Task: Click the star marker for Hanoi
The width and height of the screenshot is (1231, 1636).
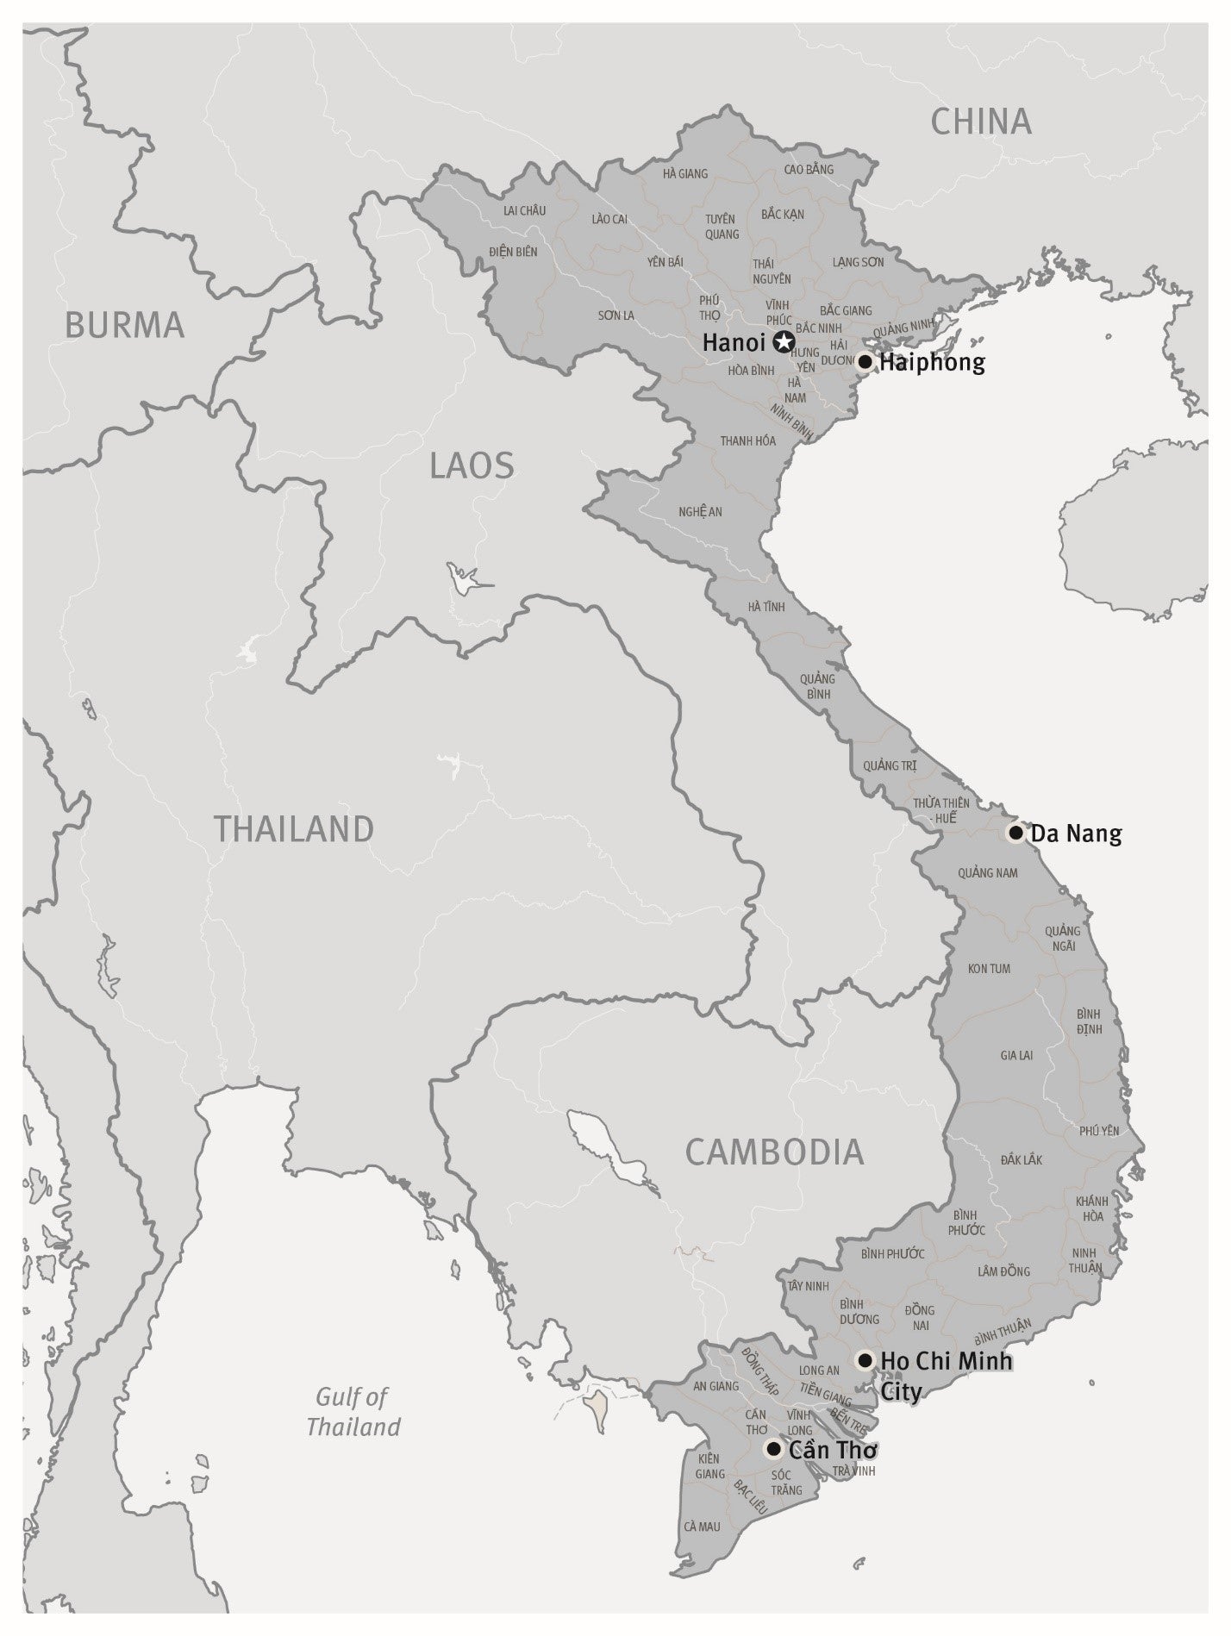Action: coord(783,342)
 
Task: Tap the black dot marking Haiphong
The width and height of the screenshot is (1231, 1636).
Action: coord(865,362)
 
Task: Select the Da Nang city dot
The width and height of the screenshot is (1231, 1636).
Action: coord(1015,833)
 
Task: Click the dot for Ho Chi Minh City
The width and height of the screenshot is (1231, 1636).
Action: coord(865,1360)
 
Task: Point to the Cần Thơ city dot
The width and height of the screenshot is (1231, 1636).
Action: coord(773,1449)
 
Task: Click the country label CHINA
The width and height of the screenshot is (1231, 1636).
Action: coord(981,122)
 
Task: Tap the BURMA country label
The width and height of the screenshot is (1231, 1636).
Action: coord(125,325)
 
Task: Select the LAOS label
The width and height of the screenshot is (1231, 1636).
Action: coord(472,466)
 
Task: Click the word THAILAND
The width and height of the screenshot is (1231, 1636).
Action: coord(294,828)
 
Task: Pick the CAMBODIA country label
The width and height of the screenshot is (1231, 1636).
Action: coord(774,1152)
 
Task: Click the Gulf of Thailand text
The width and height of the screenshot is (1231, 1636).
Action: coord(353,1411)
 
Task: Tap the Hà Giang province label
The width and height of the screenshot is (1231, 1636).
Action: coord(685,173)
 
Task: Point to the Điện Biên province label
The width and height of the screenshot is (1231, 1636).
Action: coord(513,252)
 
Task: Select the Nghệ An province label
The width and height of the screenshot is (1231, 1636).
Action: coord(700,511)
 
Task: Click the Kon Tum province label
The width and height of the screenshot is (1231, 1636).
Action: coord(989,968)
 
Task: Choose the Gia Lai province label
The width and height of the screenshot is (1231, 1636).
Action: coord(1016,1055)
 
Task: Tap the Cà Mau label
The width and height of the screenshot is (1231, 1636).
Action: coord(702,1527)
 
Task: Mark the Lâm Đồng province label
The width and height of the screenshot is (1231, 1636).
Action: coord(1003,1271)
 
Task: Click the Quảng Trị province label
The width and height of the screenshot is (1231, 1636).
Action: coord(890,765)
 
